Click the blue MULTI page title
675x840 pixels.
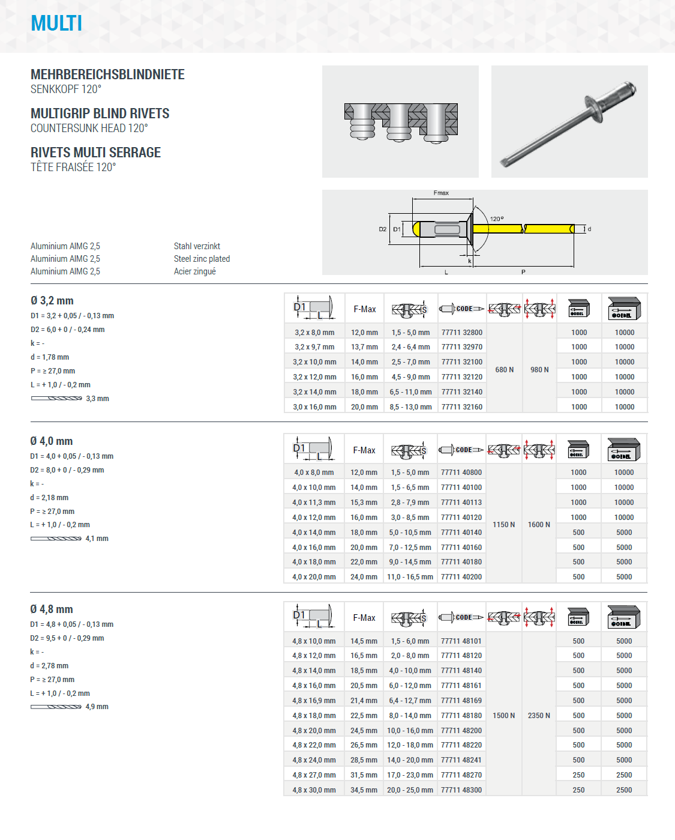coord(56,23)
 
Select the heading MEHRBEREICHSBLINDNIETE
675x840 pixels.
coord(107,74)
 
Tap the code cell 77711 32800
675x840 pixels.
coord(461,333)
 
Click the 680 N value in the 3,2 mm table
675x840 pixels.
coord(504,370)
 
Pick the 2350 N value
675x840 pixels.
coord(539,716)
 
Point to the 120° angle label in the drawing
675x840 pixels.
coord(497,219)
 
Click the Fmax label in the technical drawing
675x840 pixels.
coord(441,193)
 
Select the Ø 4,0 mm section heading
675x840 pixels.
coord(52,441)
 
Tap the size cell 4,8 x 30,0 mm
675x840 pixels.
coord(314,790)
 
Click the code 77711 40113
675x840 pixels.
coord(461,503)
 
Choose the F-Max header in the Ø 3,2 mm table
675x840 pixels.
coord(364,309)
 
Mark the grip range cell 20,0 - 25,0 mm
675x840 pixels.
coord(410,790)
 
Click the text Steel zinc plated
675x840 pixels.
coord(202,259)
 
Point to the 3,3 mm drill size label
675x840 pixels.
coord(97,399)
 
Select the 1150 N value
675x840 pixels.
coord(503,525)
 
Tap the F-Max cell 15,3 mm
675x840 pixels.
coord(364,503)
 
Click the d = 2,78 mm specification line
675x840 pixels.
coord(49,666)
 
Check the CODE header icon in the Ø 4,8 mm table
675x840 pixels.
coord(461,617)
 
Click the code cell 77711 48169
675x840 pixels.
coord(461,701)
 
